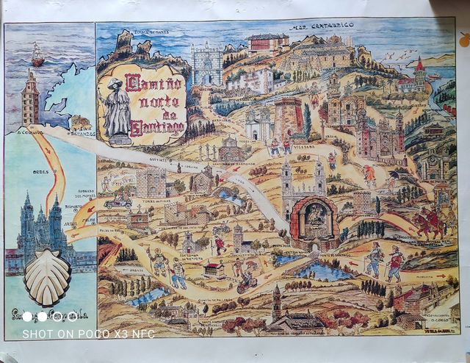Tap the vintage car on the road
tap(117, 200)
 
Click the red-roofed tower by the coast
tap(420, 73)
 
